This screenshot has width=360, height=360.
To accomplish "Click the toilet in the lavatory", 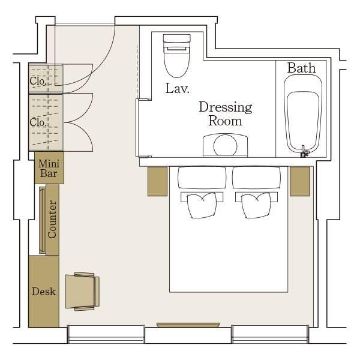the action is click(176, 56).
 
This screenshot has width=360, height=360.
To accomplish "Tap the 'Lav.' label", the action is click(177, 88).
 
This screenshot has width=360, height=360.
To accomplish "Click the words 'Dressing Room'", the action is click(225, 114).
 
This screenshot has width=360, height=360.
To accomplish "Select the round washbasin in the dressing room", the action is click(225, 145).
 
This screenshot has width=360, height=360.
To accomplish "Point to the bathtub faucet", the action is click(304, 152).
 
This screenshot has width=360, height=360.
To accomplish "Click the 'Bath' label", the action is click(301, 68).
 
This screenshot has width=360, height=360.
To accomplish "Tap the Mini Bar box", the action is click(49, 168).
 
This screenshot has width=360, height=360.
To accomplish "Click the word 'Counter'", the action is click(52, 219).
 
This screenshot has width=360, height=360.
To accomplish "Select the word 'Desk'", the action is click(44, 292).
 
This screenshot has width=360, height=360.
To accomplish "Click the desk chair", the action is click(82, 292).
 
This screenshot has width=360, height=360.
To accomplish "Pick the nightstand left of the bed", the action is click(157, 181).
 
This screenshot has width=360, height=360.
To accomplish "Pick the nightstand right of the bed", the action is click(299, 181).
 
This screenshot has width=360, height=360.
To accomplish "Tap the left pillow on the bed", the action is click(202, 178).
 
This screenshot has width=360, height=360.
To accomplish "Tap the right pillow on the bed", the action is click(256, 178).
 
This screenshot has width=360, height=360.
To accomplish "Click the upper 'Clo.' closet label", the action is click(37, 81).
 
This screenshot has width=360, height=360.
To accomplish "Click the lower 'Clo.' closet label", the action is click(38, 122).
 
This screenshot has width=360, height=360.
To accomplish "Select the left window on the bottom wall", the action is click(106, 334).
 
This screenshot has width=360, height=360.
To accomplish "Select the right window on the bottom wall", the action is click(270, 334).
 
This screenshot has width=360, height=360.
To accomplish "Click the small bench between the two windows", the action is click(188, 325).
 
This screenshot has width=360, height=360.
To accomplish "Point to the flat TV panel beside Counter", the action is click(42, 220).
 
